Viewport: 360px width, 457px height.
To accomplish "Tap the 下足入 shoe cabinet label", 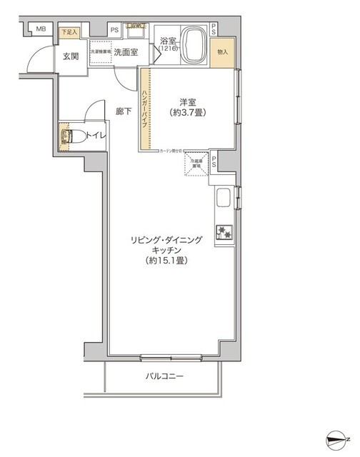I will pyautogui.click(x=69, y=32).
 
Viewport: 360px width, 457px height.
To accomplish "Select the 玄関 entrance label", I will pyautogui.click(x=69, y=57).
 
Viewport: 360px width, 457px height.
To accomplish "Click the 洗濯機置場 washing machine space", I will pyautogui.click(x=100, y=51).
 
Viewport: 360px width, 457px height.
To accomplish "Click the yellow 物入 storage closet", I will pyautogui.click(x=223, y=52).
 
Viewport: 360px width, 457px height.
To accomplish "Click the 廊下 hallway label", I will pyautogui.click(x=124, y=111).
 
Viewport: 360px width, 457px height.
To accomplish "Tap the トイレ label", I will pyautogui.click(x=96, y=136).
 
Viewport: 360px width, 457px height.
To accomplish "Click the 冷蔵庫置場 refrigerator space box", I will pyautogui.click(x=196, y=164).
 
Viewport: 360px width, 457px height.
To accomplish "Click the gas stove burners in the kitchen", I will pyautogui.click(x=225, y=231).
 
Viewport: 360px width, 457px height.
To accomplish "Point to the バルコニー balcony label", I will pyautogui.click(x=165, y=376).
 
